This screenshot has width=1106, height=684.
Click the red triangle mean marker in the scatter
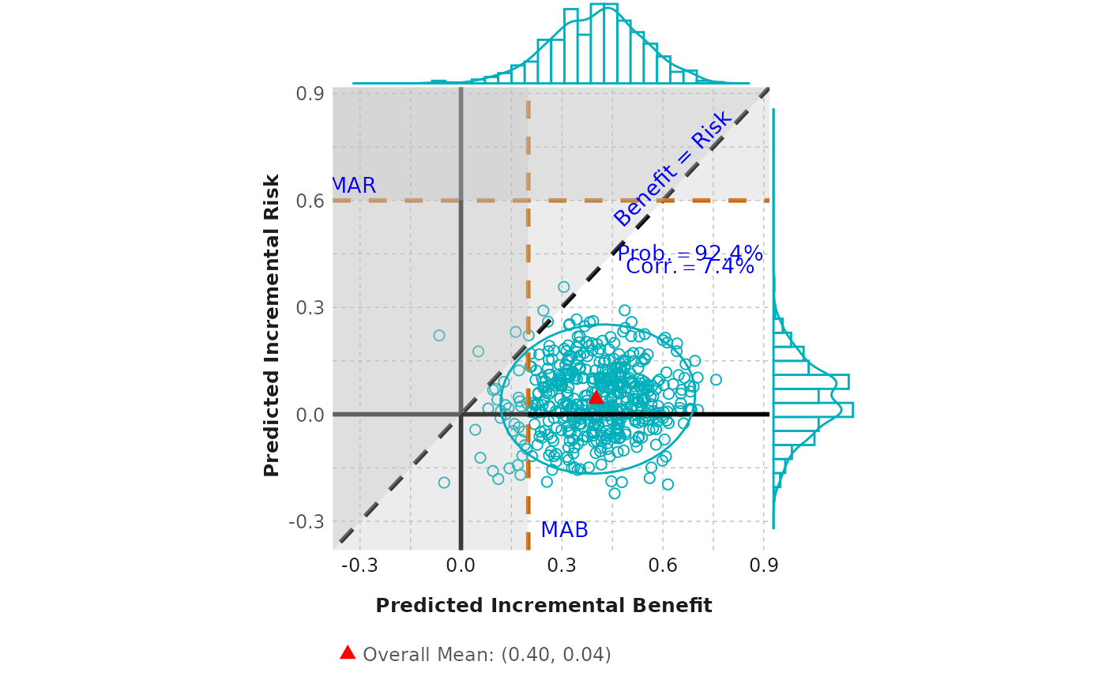[x=596, y=397]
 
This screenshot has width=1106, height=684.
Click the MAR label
[x=353, y=186]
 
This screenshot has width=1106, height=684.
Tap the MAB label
[x=564, y=531]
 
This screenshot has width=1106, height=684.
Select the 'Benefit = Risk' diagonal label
[x=673, y=168]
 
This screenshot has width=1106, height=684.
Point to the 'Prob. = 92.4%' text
[x=690, y=254]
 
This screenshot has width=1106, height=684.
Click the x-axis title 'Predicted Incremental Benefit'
[x=544, y=606]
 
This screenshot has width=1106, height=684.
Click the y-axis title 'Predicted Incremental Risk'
[x=272, y=325]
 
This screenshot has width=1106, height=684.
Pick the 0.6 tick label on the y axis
[x=310, y=201]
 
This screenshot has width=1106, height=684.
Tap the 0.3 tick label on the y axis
[x=310, y=307]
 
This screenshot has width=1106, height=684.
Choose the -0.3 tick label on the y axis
[x=307, y=521]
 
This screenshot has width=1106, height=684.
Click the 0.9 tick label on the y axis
[x=310, y=94]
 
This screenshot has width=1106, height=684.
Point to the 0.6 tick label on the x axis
[x=663, y=566]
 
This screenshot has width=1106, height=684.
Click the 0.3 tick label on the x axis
[x=562, y=566]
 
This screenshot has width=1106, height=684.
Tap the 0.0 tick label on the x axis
[x=461, y=566]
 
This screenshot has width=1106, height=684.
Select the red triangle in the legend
[x=348, y=652]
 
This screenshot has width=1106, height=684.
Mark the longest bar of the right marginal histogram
[x=813, y=409]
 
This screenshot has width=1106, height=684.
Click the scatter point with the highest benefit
[x=716, y=380]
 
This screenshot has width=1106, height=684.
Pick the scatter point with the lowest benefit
[x=439, y=336]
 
